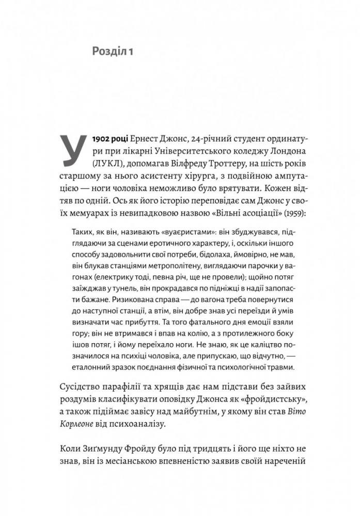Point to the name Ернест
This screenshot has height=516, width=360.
148,140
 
